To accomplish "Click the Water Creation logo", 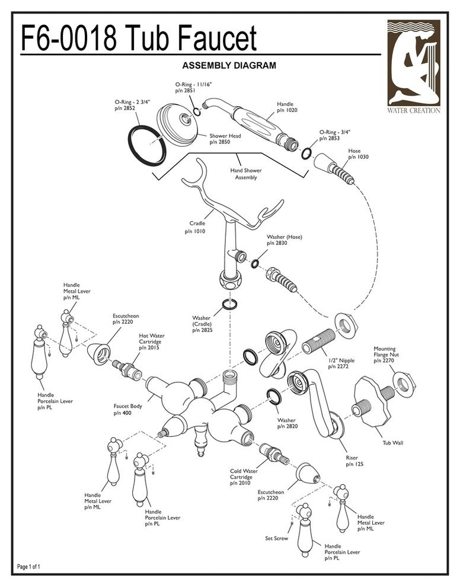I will click(x=414, y=66).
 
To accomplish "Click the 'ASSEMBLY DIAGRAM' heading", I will click(x=228, y=65).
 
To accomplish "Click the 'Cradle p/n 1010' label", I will click(x=197, y=228).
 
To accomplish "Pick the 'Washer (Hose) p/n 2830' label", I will click(x=284, y=240).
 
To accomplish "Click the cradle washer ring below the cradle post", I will click(x=229, y=305).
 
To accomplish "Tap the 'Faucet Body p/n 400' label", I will click(x=127, y=409).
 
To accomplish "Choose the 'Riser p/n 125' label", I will click(x=352, y=460).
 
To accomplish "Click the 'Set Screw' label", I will click(x=277, y=538).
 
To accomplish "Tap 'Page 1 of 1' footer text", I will click(x=29, y=567).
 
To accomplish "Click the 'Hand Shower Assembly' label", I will click(x=245, y=174).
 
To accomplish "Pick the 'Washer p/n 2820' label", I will click(x=287, y=423).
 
